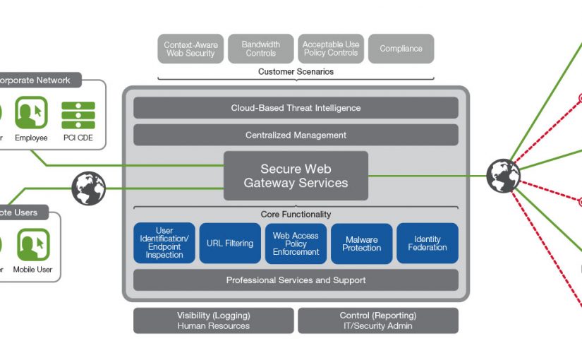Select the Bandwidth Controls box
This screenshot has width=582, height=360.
pyautogui.click(x=260, y=49)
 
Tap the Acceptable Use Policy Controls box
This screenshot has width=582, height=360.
pyautogui.click(x=331, y=49)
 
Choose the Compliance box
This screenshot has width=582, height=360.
pyautogui.click(x=401, y=49)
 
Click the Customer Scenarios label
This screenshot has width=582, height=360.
pyautogui.click(x=296, y=72)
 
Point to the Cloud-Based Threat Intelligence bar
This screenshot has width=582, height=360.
pyautogui.click(x=296, y=108)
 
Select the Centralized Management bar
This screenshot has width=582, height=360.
pyautogui.click(x=296, y=135)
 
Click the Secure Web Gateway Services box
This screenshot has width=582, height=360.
pyautogui.click(x=296, y=176)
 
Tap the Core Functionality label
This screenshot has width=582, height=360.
pyautogui.click(x=296, y=215)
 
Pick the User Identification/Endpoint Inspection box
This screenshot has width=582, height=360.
pyautogui.click(x=164, y=244)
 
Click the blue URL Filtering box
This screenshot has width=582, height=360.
pyautogui.click(x=230, y=244)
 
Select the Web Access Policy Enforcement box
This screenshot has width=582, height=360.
pyautogui.click(x=296, y=244)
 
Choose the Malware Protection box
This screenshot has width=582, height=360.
pyautogui.click(x=361, y=244)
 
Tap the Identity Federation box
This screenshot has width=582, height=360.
pyautogui.click(x=428, y=244)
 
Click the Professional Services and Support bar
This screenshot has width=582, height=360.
pyautogui.click(x=296, y=280)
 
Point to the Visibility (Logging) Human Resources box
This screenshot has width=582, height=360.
pyautogui.click(x=214, y=320)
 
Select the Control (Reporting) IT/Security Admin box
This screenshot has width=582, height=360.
pyautogui.click(x=378, y=320)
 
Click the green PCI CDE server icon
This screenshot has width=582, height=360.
pyautogui.click(x=78, y=115)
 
